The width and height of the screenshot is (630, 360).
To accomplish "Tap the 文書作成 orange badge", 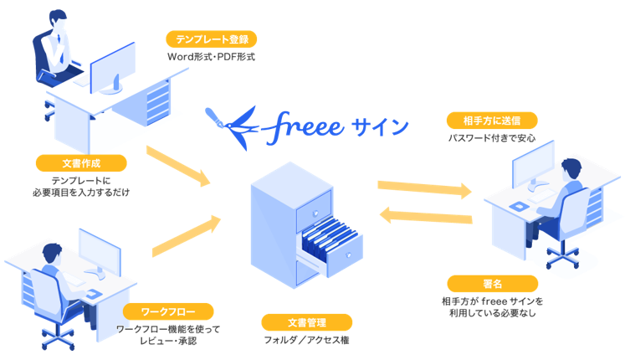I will click(x=82, y=162).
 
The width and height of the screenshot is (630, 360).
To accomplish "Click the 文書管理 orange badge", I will click(x=306, y=322).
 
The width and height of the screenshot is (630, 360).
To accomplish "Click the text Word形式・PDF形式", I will click(x=210, y=57).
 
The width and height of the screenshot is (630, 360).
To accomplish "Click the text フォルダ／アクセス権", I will click(x=306, y=340).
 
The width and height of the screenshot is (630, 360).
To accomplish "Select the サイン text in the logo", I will click(x=380, y=127).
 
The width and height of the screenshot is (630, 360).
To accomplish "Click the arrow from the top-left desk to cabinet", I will click(x=177, y=165).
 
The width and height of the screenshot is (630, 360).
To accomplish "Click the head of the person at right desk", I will click(x=571, y=167).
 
